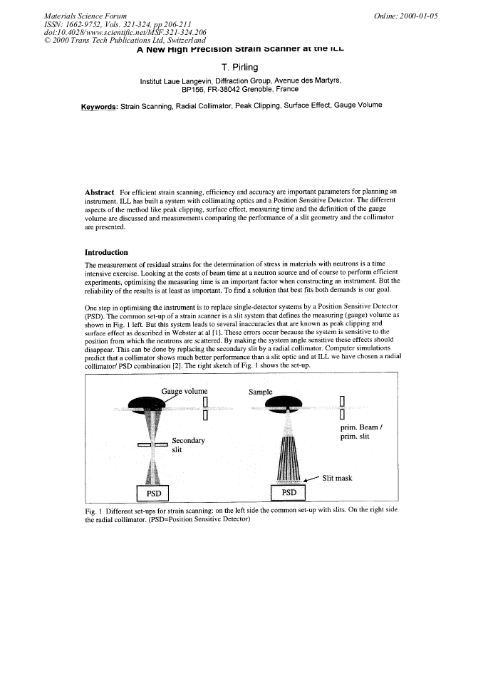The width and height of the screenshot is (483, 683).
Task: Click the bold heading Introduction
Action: pyautogui.click(x=106, y=252)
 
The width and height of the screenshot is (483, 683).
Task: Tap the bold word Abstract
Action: pyautogui.click(x=100, y=192)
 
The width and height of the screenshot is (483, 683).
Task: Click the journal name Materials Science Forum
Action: pyautogui.click(x=85, y=15)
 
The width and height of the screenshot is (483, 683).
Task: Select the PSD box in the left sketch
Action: pyautogui.click(x=153, y=493)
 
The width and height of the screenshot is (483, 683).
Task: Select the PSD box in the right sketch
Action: pyautogui.click(x=288, y=493)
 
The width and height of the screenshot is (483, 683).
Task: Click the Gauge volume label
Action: pyautogui.click(x=185, y=391)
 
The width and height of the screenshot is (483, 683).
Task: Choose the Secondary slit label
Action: pyautogui.click(x=188, y=446)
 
